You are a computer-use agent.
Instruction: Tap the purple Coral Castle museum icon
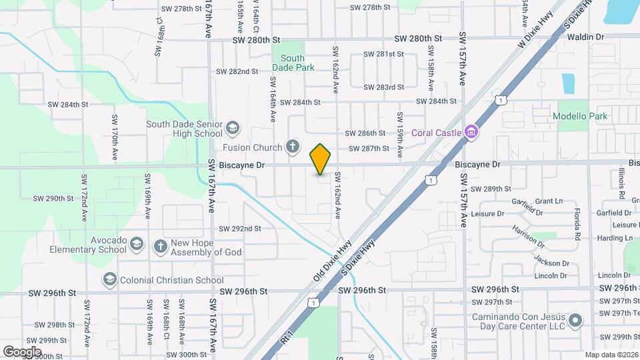pyautogui.click(x=471, y=131)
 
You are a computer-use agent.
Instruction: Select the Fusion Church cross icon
pyautogui.click(x=292, y=146)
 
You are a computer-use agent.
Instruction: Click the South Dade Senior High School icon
pyautogui.click(x=233, y=127)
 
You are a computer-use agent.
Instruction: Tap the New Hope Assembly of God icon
pyautogui.click(x=160, y=247)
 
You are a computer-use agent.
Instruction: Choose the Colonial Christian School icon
pyautogui.click(x=110, y=279)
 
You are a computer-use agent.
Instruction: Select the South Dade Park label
pyautogui.click(x=293, y=63)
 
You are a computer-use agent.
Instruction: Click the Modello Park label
pyautogui.click(x=580, y=116)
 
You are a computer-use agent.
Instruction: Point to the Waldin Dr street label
pyautogui.click(x=585, y=37)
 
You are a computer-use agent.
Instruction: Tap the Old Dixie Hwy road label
pyautogui.click(x=332, y=261)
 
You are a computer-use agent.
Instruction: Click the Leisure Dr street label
pyautogui.click(x=487, y=213)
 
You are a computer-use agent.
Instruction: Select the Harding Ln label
pyautogui.click(x=615, y=238)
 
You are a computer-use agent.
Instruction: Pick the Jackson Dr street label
pyautogui.click(x=551, y=262)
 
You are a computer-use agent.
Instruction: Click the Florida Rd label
pyautogui.click(x=577, y=225)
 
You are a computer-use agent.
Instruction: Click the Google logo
pyautogui.click(x=22, y=351)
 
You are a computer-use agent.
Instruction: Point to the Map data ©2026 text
pyautogui.click(x=611, y=355)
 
